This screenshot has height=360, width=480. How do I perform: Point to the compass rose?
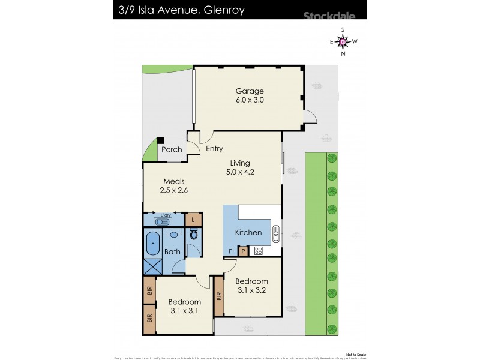[x=343, y=41]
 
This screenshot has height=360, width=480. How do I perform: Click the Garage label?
[x=249, y=91]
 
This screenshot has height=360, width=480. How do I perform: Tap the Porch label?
[x=172, y=149]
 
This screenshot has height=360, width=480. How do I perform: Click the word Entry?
[x=214, y=149]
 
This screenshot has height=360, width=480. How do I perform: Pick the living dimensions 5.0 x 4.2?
[x=238, y=172]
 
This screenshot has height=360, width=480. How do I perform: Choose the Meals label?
[x=172, y=182]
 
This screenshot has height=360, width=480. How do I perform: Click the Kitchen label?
[x=248, y=232]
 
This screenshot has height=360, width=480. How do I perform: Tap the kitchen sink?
[x=276, y=232]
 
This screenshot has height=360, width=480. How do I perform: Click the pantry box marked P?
[x=244, y=251]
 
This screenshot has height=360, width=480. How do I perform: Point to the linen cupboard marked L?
[x=193, y=220]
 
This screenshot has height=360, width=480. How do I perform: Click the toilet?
[x=193, y=235]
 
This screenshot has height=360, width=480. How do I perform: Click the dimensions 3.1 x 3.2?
[x=251, y=290]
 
